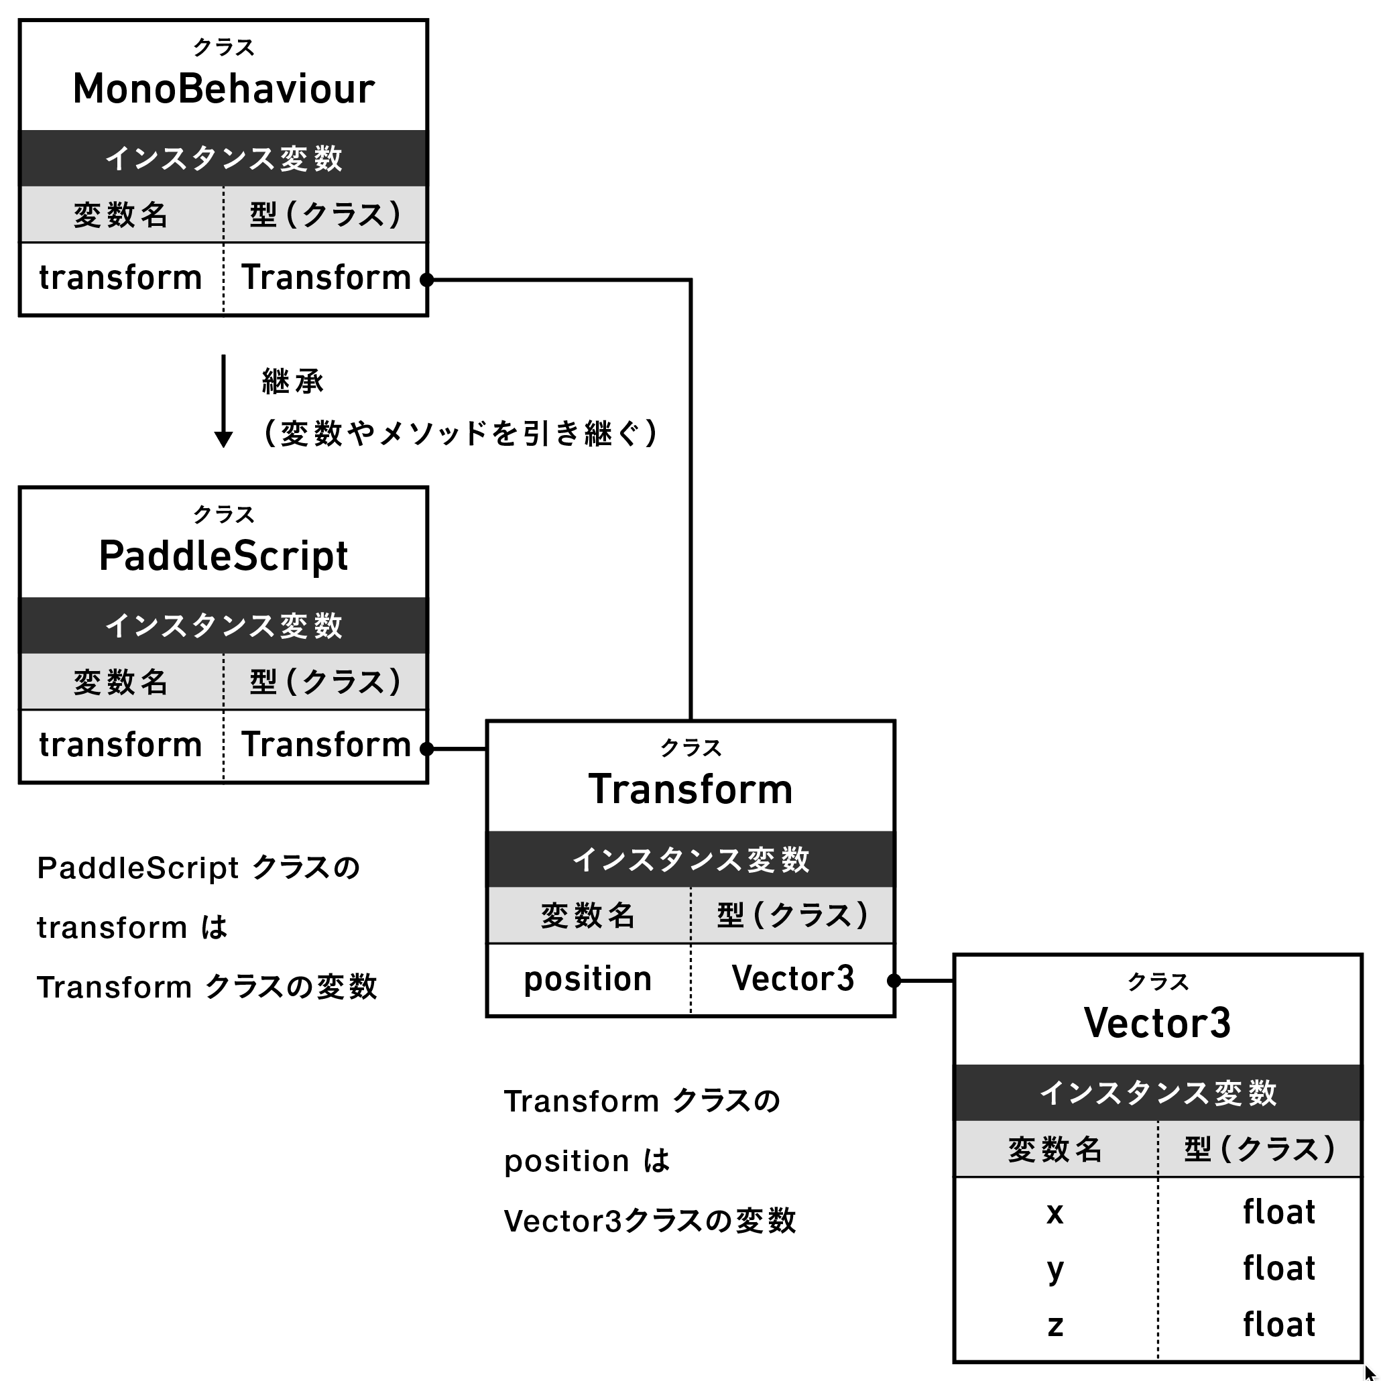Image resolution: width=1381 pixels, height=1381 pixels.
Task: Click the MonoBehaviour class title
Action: coord(224,89)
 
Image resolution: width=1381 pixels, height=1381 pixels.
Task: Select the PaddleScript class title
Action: coord(224,557)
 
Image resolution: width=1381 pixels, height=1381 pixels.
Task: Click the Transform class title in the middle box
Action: coord(690,790)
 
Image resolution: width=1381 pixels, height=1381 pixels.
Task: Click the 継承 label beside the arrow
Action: coord(292,381)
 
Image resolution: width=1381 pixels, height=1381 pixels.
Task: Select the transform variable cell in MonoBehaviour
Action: coord(121,278)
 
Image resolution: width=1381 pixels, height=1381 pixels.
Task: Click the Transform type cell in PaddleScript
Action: coord(326,745)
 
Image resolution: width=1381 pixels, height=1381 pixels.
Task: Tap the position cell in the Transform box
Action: coord(587,979)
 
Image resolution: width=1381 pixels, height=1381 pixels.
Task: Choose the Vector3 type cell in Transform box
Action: coord(792,979)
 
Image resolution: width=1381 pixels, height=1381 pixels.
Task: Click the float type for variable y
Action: coord(1279,1269)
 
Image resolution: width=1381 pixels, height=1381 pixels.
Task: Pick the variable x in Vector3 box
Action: coord(1055,1213)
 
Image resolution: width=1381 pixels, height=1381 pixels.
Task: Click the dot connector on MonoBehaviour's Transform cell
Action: coord(427,280)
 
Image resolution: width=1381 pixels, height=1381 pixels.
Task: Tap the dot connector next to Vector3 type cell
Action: coord(894,981)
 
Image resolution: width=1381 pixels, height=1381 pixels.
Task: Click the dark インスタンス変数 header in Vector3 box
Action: coord(1157,1093)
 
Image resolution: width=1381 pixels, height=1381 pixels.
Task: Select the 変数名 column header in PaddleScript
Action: coord(121,682)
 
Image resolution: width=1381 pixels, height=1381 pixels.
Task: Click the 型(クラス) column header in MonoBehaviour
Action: coord(326,215)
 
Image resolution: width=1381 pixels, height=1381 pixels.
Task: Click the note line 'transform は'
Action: coord(132,928)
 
